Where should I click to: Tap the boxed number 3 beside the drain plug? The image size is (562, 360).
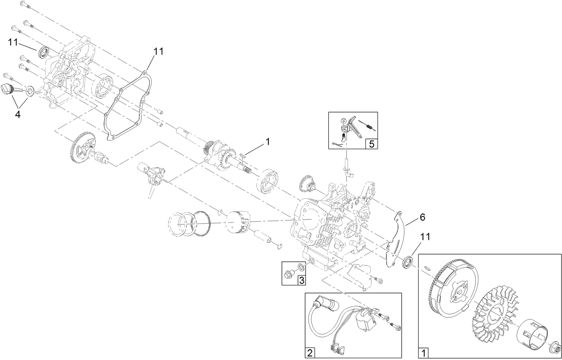tap(302, 280)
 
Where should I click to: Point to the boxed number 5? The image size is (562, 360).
tap(371, 144)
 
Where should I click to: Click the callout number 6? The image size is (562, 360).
tap(422, 218)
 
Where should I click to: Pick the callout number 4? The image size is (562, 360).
tap(17, 114)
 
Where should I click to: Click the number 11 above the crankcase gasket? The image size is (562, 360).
tap(159, 51)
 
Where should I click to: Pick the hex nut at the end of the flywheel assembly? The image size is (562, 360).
tap(554, 345)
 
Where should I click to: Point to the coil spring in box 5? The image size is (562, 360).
tap(369, 126)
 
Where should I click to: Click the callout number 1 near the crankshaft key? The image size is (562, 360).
tap(268, 142)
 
